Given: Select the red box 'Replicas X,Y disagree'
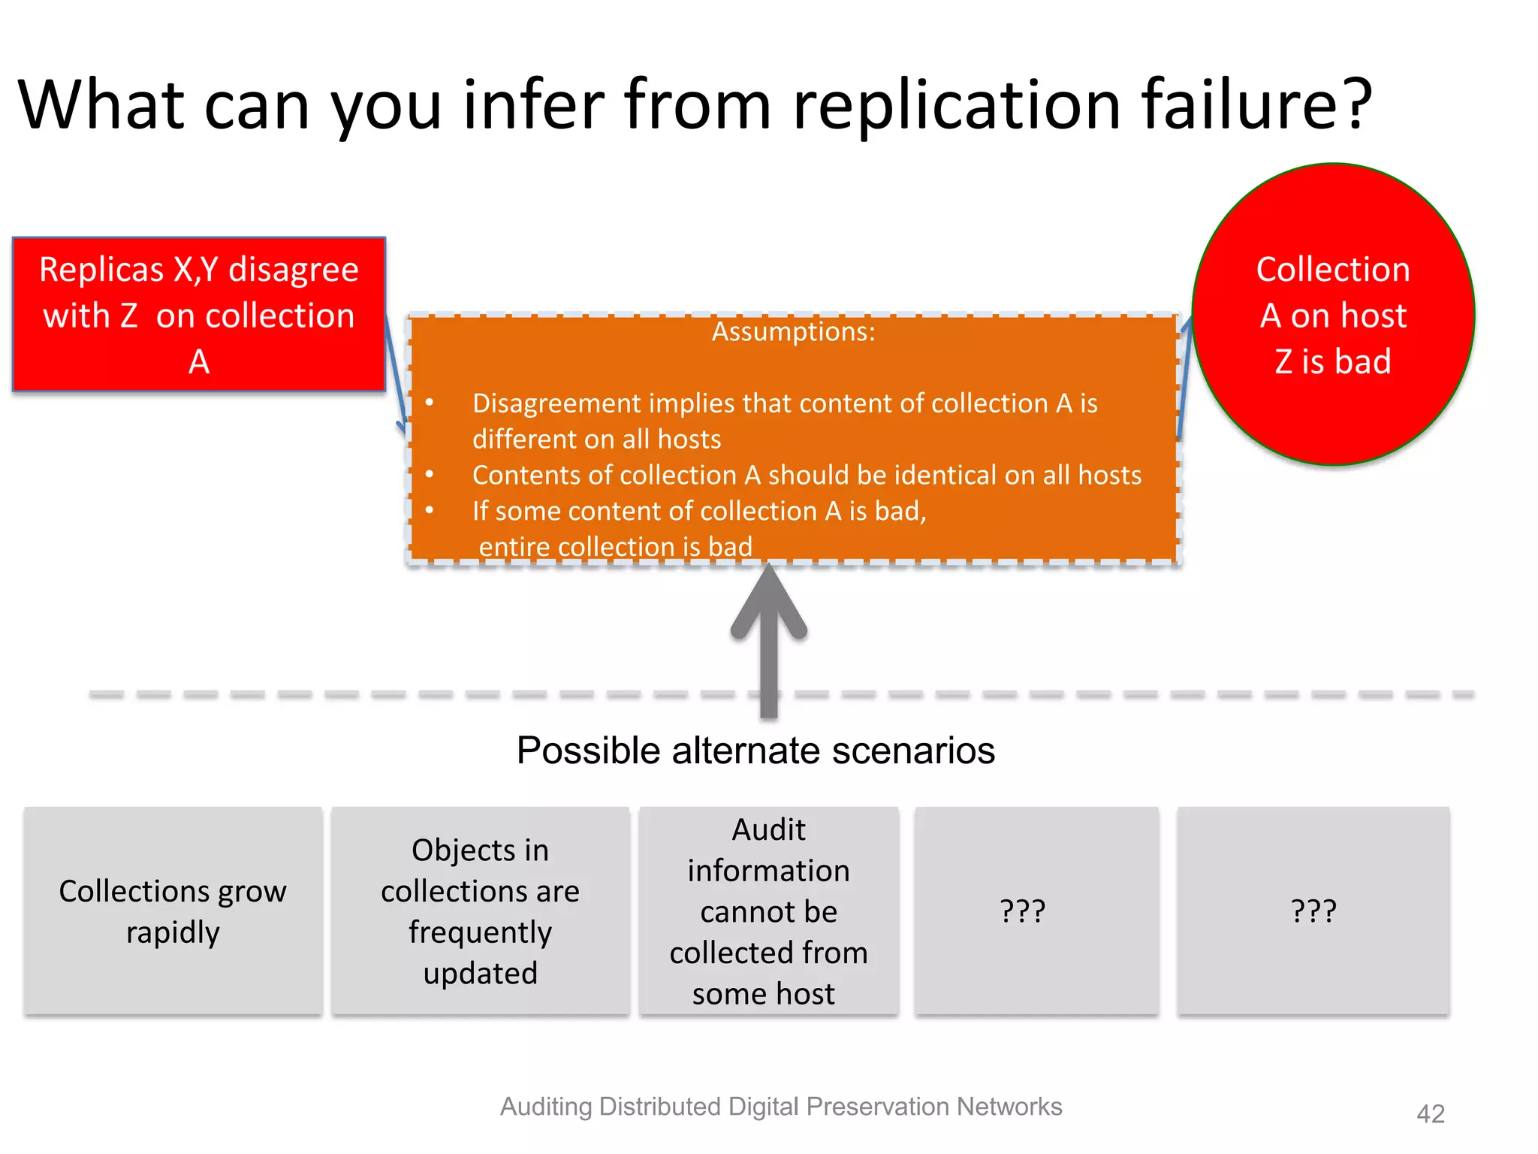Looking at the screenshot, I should pos(199,315).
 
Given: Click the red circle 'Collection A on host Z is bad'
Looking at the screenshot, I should pos(1333,315).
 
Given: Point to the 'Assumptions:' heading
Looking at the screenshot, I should pos(793,332).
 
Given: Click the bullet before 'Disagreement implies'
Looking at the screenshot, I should pos(430,403).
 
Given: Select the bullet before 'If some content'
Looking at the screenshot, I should pos(430,511).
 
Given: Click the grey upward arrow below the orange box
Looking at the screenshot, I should pos(768,639).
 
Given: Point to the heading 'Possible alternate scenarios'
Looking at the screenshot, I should pos(755,751).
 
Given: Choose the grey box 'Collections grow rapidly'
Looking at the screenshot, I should pos(173,911).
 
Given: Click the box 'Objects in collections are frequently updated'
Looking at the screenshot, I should pos(481,911).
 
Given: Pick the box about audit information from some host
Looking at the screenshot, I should pos(769,911).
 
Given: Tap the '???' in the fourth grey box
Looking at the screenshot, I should pos(1023,911).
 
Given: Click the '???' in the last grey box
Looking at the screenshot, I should pos(1313,911).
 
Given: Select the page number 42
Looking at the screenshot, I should pos(1430,1113).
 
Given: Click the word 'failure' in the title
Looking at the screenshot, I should pos(1235,105).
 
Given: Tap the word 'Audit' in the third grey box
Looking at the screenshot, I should pos(768,830).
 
